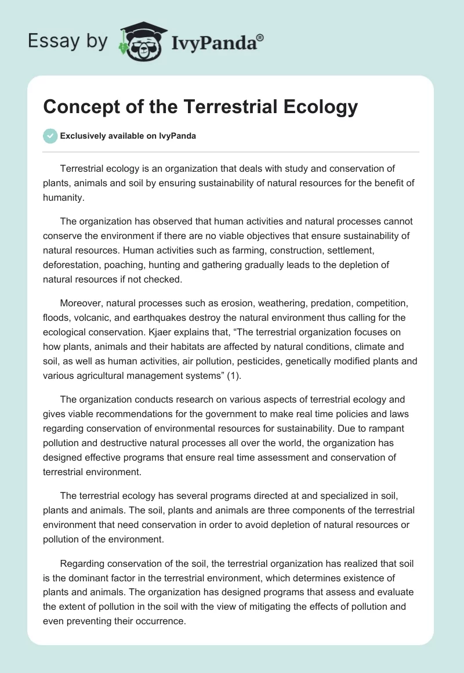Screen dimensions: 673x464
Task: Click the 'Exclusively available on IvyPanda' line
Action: point(128,136)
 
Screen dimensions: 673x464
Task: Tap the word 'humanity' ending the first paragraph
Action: point(63,197)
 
